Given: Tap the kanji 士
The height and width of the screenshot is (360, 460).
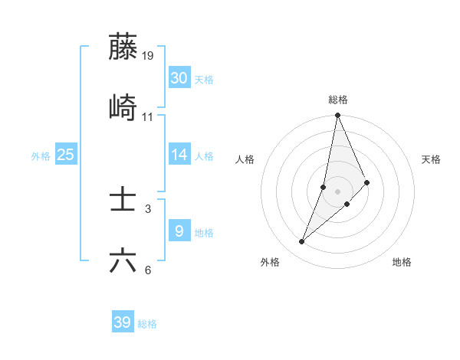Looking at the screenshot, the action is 123,200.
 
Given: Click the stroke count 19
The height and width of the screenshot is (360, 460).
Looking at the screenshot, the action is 148,55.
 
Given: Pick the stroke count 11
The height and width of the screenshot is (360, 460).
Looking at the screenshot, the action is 148,116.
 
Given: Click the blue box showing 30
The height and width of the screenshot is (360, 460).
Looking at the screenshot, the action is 179,78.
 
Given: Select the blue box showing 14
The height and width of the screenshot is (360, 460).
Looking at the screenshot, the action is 179,155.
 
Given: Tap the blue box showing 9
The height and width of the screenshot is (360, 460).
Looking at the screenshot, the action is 179,231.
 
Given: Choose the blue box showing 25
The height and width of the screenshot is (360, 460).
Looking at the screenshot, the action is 66,155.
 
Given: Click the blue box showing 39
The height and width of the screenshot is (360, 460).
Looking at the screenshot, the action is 123,322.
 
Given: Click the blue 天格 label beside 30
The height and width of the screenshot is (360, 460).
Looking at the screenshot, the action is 204,80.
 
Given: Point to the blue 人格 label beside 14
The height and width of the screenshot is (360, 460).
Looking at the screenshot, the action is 204,156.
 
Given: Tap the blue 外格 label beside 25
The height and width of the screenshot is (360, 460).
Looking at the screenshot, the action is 41,156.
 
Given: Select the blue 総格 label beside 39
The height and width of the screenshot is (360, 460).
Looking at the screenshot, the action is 147,324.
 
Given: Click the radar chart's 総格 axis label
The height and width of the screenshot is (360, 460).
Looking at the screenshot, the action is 338,100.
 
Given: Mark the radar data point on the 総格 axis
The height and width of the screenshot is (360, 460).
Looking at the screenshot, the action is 337,116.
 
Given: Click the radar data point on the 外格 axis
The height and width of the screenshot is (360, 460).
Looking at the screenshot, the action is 302,242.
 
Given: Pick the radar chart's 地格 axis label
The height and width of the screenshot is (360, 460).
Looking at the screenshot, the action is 402,262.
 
